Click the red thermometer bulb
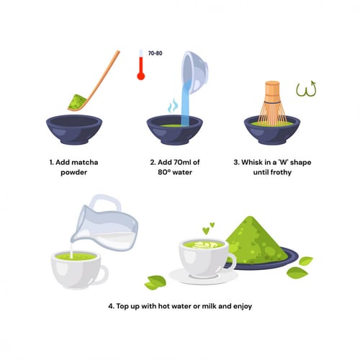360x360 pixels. click(141, 76)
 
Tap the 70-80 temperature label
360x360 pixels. click(155, 53)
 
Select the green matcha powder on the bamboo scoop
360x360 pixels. click(76, 102)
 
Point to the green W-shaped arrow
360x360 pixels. click(306, 89)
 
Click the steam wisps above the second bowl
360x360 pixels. click(173, 106)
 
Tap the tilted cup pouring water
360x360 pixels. click(195, 71)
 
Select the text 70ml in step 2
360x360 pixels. click(179, 163)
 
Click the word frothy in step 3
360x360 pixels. click(281, 173)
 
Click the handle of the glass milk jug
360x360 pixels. click(106, 203)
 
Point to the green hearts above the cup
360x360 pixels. click(208, 228)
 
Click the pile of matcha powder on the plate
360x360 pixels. click(256, 240)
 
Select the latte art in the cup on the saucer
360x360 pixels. click(204, 245)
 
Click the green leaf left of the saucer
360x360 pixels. click(156, 282)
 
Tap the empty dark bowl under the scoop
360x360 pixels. click(74, 130)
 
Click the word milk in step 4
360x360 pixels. click(210, 306)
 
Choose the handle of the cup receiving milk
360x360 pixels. click(103, 275)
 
